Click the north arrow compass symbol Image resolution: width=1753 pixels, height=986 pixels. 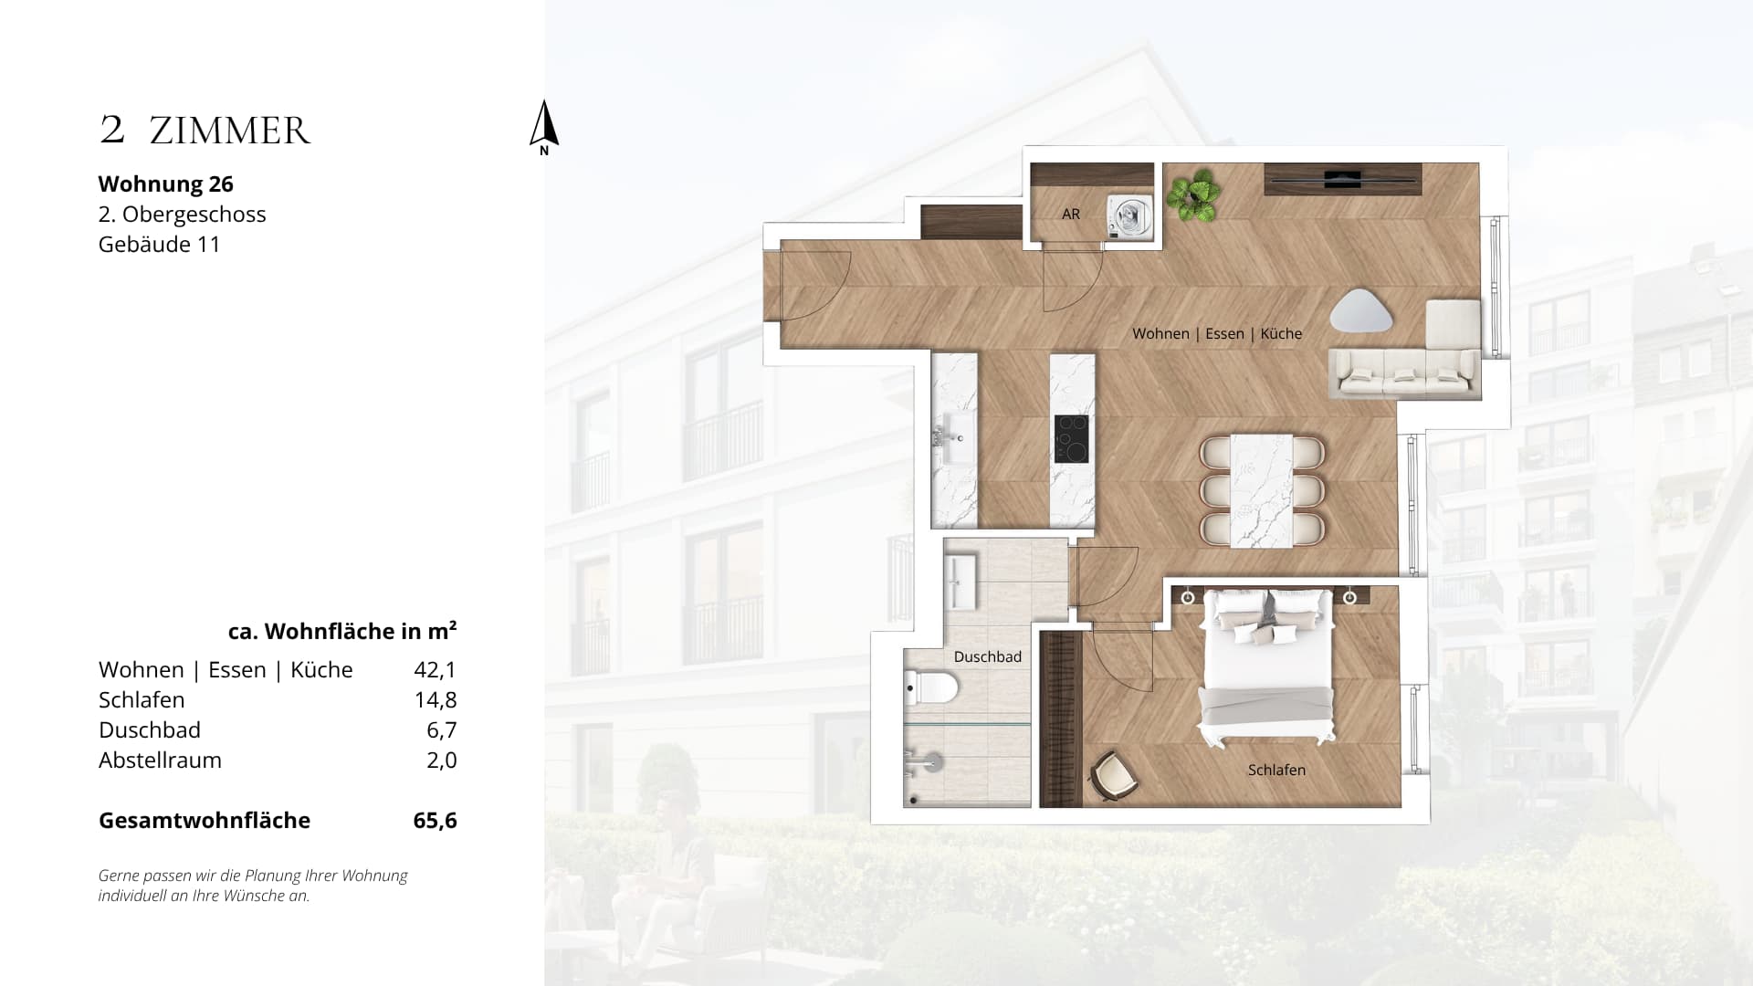tap(544, 126)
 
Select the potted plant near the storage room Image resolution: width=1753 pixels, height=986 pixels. tap(1193, 194)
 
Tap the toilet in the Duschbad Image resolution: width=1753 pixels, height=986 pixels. tap(929, 687)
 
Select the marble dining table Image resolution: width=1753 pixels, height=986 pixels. tap(1262, 491)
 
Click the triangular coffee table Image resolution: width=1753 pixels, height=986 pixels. tap(1361, 311)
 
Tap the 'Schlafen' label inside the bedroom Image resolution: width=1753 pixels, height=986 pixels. tap(1276, 770)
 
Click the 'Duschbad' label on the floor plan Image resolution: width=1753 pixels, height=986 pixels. tap(987, 656)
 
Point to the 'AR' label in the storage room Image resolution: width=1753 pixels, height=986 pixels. tap(1071, 214)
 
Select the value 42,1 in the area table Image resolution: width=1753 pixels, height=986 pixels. tap(435, 669)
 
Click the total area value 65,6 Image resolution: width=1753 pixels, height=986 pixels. tap(435, 820)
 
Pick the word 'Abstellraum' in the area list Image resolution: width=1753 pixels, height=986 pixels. tap(160, 760)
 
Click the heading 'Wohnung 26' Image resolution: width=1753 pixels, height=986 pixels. tap(166, 184)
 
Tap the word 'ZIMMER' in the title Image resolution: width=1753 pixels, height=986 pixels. tap(230, 131)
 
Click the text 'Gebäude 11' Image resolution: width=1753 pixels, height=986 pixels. tap(160, 244)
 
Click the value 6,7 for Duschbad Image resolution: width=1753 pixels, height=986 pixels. tap(442, 729)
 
